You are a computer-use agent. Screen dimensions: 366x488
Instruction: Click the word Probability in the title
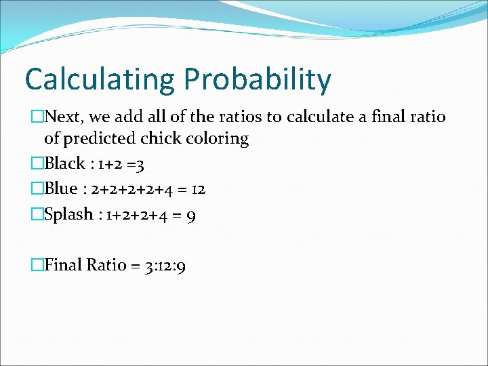(257, 79)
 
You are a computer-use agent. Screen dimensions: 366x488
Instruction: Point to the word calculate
(319, 117)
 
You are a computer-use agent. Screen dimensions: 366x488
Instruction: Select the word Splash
(68, 214)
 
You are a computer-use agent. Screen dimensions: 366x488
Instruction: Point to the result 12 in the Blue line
(197, 190)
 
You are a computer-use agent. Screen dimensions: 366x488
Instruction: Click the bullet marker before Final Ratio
(37, 265)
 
